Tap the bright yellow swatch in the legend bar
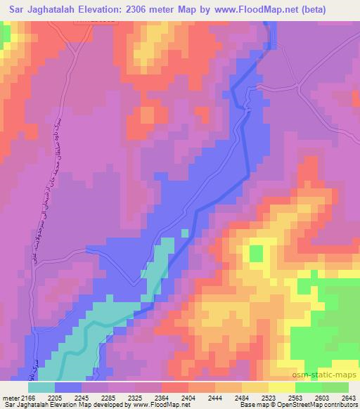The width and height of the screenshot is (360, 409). pyautogui.click(x=282, y=387)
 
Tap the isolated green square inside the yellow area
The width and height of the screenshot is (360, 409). pyautogui.click(x=256, y=252)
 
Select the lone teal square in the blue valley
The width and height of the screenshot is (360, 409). pyautogui.click(x=185, y=233)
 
